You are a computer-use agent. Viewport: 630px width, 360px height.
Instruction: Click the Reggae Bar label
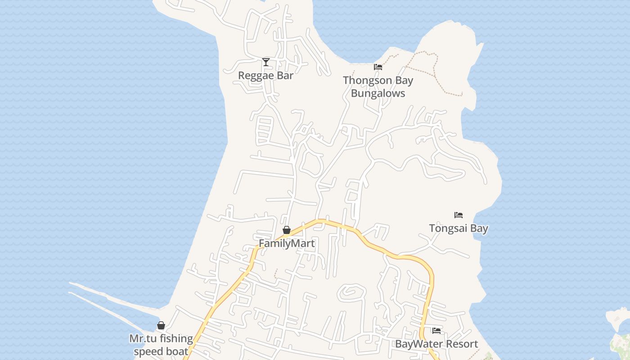tap(265, 76)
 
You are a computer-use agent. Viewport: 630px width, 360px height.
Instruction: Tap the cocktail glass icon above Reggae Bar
tap(266, 62)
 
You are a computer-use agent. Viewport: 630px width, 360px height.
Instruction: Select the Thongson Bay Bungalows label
tap(378, 87)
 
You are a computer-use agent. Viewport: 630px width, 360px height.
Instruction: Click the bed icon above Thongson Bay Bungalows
tap(378, 67)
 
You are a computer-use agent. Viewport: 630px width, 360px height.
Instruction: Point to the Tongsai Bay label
tap(459, 229)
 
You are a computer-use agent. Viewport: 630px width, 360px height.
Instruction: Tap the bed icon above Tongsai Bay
tap(459, 215)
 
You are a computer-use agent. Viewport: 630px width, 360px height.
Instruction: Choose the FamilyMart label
tap(287, 243)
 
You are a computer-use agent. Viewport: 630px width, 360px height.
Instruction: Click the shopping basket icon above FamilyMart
tap(287, 230)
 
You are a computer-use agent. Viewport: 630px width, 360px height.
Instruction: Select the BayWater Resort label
tap(436, 344)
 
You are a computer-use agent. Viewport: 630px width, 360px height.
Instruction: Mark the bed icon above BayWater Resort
tap(436, 331)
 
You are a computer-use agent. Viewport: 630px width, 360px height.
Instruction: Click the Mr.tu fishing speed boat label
tap(161, 345)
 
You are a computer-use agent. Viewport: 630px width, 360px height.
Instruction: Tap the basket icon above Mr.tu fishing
tap(161, 325)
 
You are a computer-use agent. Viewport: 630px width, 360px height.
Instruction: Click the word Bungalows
tap(378, 94)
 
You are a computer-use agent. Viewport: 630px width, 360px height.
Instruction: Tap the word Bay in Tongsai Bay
tap(479, 229)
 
